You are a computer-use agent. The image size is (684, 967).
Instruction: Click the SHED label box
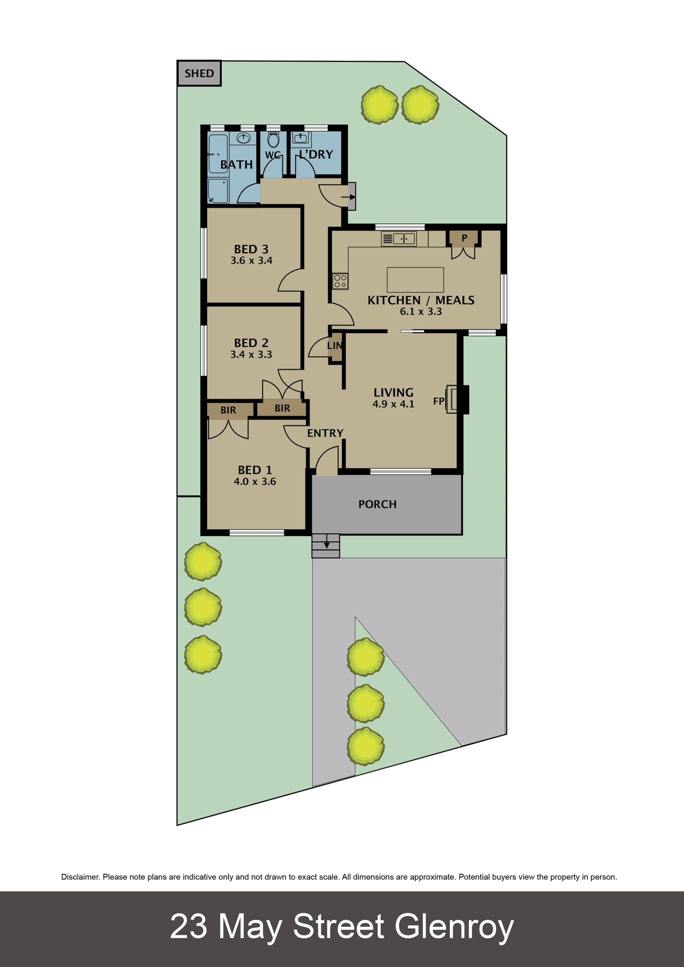pyautogui.click(x=199, y=73)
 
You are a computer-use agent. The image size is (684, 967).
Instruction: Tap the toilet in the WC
pyautogui.click(x=273, y=139)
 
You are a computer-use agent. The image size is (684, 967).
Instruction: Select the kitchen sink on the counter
pyautogui.click(x=398, y=239)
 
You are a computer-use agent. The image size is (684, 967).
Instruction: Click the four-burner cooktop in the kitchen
pyautogui.click(x=340, y=281)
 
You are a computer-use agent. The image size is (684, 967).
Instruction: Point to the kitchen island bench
pyautogui.click(x=415, y=280)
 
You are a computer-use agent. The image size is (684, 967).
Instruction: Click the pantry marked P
pyautogui.click(x=464, y=238)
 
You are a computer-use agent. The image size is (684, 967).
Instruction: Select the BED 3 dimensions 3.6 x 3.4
pyautogui.click(x=252, y=260)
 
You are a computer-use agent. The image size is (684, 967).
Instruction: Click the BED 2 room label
pyautogui.click(x=252, y=343)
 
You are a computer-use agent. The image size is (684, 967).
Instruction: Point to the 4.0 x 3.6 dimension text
pyautogui.click(x=255, y=482)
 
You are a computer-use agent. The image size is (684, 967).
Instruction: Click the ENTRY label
pyautogui.click(x=325, y=433)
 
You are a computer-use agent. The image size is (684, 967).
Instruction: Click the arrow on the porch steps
pyautogui.click(x=326, y=545)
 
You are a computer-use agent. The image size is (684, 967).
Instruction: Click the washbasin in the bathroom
pyautogui.click(x=243, y=138)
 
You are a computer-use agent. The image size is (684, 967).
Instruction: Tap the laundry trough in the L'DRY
pyautogui.click(x=301, y=138)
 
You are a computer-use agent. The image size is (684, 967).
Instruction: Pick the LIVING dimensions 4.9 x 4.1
pyautogui.click(x=393, y=404)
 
